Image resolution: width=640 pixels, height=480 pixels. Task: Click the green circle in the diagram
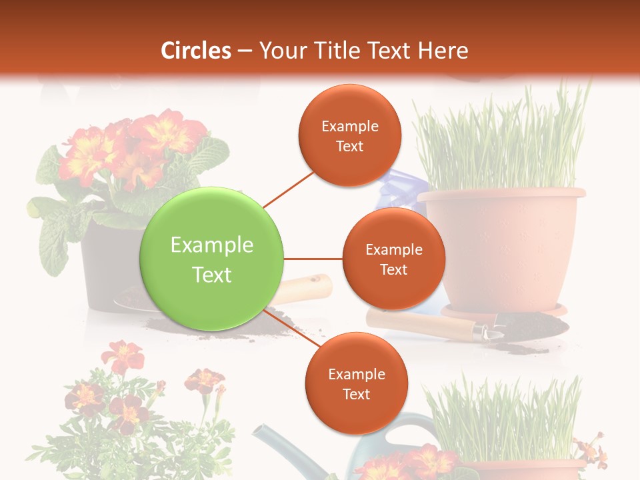pos(211,259)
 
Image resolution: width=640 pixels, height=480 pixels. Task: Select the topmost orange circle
pos(349,135)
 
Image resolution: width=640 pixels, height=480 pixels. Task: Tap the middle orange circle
pos(393,259)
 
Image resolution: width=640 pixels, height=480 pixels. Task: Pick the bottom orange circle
pos(356,383)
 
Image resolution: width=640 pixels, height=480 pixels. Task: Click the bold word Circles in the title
pos(196,51)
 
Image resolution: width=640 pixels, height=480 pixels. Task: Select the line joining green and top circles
pos(288,188)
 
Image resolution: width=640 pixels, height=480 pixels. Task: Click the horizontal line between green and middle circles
pos(313,259)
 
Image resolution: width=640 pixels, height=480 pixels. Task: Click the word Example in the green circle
pos(211,245)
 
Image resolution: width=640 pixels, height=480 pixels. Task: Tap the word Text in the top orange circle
pos(349,146)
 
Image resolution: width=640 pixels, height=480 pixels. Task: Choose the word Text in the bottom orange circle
pos(356,394)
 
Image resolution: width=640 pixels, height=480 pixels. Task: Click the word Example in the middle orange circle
pos(393,249)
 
